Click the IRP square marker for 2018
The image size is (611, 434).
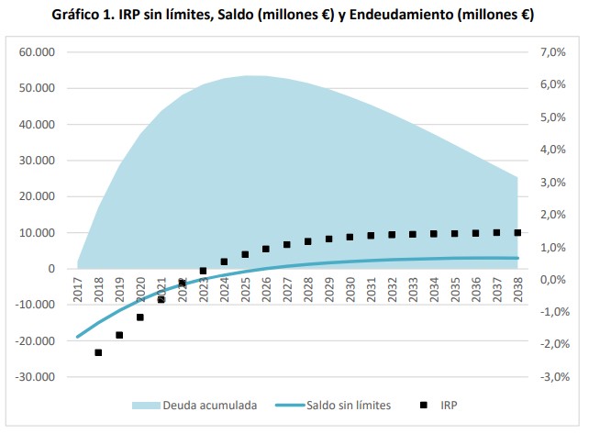pyautogui.click(x=98, y=352)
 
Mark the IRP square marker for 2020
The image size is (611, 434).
pyautogui.click(x=140, y=317)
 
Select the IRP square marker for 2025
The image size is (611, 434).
pyautogui.click(x=245, y=254)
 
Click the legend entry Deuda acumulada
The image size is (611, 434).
pyautogui.click(x=208, y=405)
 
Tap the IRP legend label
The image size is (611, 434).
pyautogui.click(x=450, y=405)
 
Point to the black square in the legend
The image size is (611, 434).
pyautogui.click(x=423, y=405)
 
